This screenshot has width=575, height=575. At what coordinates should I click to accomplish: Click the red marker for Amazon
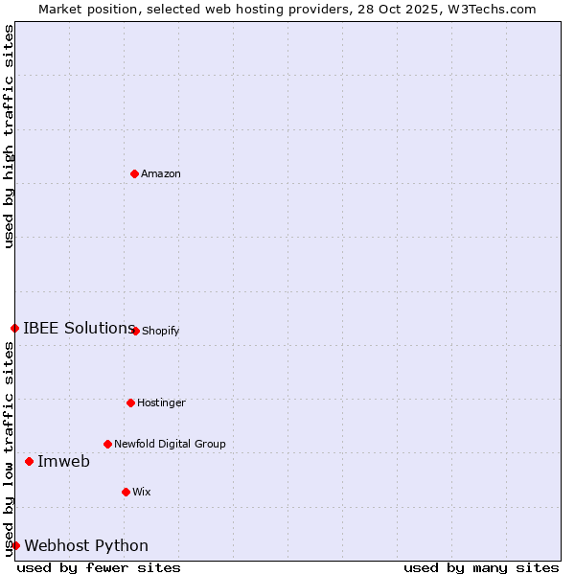(x=134, y=173)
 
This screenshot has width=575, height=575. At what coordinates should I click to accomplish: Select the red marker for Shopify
(x=135, y=331)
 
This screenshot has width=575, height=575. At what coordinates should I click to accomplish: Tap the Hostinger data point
(x=130, y=402)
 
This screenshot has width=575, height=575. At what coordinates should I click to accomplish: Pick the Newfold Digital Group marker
(x=107, y=444)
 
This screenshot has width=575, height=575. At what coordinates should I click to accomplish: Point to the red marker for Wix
(x=126, y=492)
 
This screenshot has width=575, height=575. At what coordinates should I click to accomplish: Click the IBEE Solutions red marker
(x=14, y=328)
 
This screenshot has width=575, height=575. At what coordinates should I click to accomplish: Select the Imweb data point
(x=29, y=461)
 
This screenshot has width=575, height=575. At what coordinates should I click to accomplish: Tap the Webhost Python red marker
(x=15, y=545)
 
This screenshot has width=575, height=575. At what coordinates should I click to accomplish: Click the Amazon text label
(x=161, y=173)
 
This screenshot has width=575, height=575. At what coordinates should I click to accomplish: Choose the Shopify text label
(x=161, y=331)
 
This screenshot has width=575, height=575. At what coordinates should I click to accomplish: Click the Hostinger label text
(x=161, y=402)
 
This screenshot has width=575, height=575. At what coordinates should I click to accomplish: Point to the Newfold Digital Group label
(x=170, y=444)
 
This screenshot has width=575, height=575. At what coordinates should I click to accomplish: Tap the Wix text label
(x=142, y=492)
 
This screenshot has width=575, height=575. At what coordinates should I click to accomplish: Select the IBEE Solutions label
(x=79, y=328)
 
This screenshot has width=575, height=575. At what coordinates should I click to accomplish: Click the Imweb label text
(x=63, y=461)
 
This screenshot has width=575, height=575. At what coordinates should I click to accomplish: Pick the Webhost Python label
(x=86, y=545)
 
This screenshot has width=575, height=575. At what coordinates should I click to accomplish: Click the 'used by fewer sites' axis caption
(x=99, y=567)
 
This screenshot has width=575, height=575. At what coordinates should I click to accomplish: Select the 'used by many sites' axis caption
(x=481, y=567)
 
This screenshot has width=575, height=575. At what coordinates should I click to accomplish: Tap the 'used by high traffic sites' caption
(x=9, y=136)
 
